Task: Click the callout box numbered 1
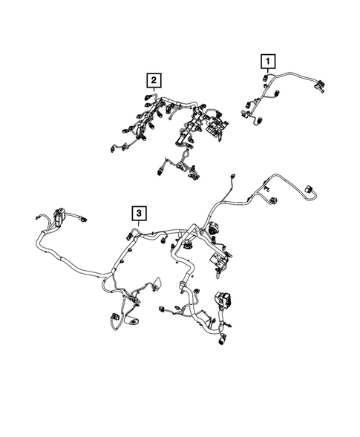266,60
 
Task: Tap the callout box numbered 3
139,214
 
